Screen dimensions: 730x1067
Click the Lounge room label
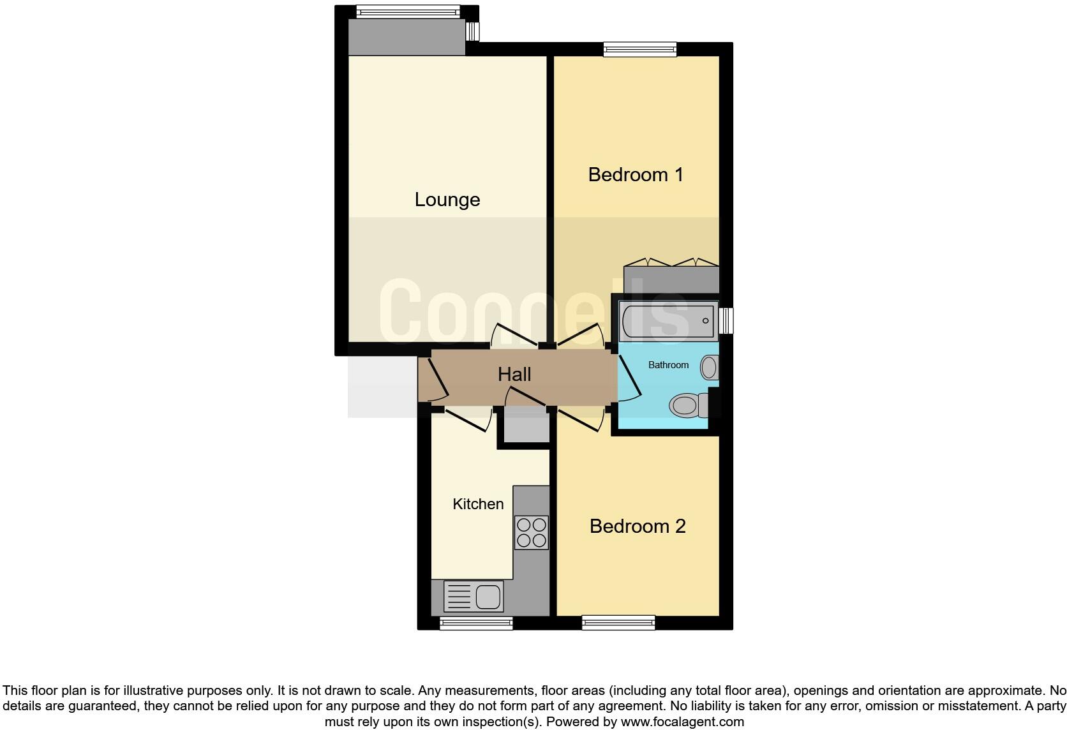coord(447,200)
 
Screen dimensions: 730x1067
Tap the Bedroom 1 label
coord(635,174)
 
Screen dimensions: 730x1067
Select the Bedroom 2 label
coord(637,526)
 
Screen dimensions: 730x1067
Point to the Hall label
coord(514,374)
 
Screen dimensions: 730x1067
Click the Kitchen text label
coord(478,504)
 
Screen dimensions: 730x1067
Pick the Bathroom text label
coord(668,365)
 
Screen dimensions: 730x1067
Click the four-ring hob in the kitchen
coord(531,532)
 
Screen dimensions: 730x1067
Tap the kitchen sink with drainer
coord(473,597)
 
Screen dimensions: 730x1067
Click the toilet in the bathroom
coord(688,405)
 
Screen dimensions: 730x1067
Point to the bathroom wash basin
coord(709,368)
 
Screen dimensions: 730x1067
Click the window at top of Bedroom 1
coord(640,49)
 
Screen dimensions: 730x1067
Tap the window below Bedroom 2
coord(618,622)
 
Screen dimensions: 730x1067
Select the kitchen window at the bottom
coord(476,623)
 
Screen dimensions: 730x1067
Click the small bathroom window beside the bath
coord(726,320)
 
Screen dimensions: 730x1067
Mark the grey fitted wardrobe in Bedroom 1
coord(671,279)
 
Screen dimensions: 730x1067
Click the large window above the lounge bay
coord(407,11)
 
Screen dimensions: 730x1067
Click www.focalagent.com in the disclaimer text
coord(682,722)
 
